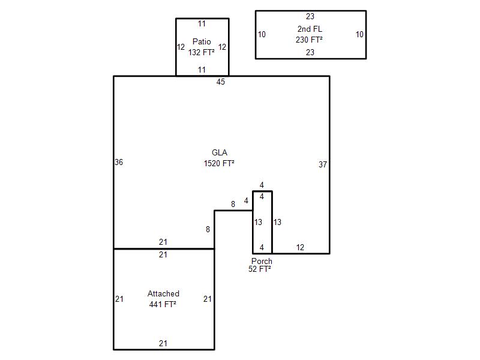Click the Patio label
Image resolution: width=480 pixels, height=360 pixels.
[202, 41]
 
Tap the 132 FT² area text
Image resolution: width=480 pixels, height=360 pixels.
[202, 52]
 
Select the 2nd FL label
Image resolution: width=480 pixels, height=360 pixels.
[310, 29]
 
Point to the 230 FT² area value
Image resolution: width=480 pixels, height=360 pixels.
[309, 40]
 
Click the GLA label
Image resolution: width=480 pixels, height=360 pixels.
[220, 152]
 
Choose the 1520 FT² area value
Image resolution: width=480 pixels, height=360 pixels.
[219, 163]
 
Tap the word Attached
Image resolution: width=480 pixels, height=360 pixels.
[163, 293]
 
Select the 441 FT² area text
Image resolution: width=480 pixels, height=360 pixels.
[163, 304]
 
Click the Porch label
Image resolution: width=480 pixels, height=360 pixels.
[262, 261]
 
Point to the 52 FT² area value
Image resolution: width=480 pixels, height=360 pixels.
[260, 269]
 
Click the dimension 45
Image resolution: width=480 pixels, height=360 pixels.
[220, 82]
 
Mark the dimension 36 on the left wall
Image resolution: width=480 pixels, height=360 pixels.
[119, 162]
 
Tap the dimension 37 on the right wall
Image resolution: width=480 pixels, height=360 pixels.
[323, 164]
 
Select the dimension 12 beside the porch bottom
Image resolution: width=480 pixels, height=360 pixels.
[300, 247]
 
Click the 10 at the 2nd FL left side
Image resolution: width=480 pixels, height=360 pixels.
[262, 35]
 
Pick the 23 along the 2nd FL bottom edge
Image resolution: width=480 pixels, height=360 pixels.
[310, 52]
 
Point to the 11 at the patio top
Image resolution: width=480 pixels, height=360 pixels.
[202, 23]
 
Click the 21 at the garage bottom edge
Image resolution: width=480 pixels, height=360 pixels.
[163, 343]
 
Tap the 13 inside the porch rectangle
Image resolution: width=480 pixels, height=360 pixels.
[258, 222]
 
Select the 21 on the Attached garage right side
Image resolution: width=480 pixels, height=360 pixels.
[207, 299]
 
